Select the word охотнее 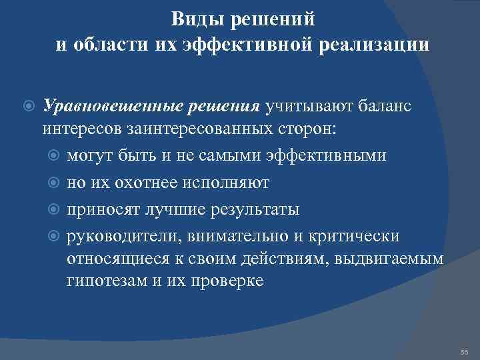pyautogui.click(x=145, y=183)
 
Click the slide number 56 pyautogui.click(x=464, y=351)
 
